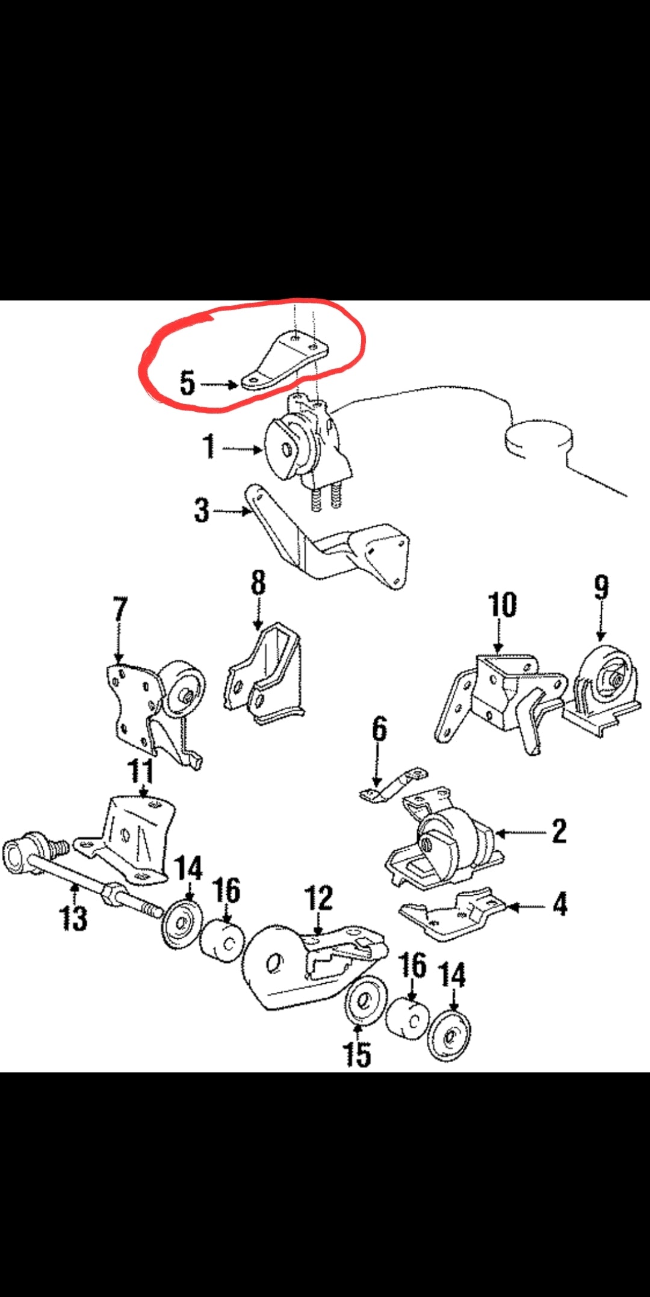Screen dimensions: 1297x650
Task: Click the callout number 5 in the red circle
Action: (188, 382)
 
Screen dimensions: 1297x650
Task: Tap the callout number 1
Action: (209, 447)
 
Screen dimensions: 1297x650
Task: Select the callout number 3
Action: (202, 510)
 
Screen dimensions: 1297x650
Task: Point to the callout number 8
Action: (258, 583)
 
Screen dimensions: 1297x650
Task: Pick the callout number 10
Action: (502, 605)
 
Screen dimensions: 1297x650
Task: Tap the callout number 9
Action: (601, 588)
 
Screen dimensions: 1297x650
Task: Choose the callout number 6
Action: (379, 729)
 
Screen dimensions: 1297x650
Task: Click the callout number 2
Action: (559, 832)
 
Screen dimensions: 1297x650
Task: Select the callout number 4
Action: (560, 904)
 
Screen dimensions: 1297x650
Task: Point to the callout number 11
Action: (140, 771)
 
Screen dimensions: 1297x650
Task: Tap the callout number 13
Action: (73, 918)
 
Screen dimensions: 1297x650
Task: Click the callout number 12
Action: (319, 898)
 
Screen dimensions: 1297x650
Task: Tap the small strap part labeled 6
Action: (394, 785)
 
